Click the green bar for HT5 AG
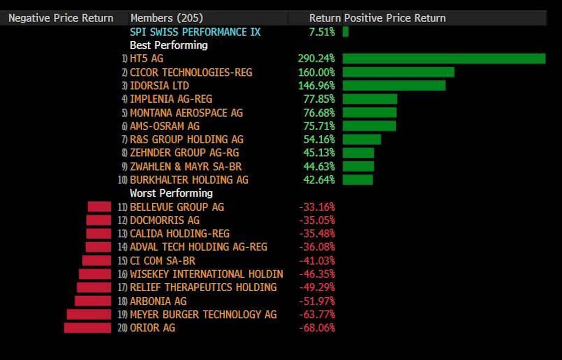[444, 59]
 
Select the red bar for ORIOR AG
[88, 328]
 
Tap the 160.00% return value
[316, 72]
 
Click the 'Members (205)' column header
[167, 18]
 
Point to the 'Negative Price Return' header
[61, 18]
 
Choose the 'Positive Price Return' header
[395, 18]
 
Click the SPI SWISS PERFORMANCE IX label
[195, 32]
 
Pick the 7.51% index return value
[322, 32]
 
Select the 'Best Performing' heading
[168, 45]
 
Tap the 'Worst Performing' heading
[171, 193]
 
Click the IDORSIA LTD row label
[159, 86]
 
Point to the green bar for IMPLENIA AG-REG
[370, 99]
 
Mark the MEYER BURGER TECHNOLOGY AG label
[203, 315]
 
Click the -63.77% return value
[317, 315]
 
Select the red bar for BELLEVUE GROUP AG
[100, 207]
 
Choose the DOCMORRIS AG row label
[165, 220]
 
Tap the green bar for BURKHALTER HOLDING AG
[358, 180]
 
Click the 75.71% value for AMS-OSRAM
[319, 126]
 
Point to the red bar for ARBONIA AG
[93, 301]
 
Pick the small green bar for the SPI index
[345, 32]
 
